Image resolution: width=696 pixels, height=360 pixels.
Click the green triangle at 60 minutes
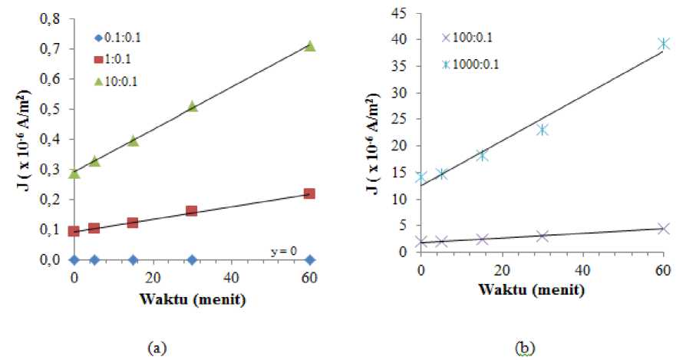click(x=309, y=47)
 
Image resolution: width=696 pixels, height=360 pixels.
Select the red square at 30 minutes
click(x=192, y=210)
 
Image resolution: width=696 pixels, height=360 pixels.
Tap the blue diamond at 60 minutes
click(x=309, y=259)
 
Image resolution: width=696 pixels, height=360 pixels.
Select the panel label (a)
click(x=159, y=348)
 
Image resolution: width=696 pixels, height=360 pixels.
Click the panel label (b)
click(x=525, y=348)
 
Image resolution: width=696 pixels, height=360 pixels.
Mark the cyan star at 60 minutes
click(x=664, y=44)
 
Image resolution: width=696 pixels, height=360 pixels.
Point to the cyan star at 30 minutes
click(x=543, y=129)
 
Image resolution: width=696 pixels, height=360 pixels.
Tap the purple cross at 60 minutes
click(x=664, y=229)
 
